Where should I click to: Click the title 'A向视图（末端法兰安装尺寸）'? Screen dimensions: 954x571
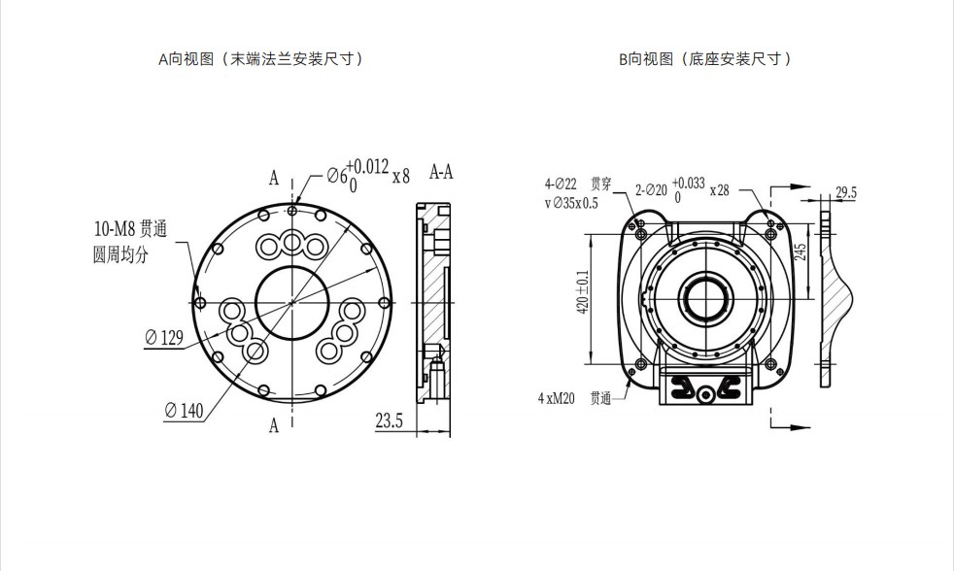(261, 59)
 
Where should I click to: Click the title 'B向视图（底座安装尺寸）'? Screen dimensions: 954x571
(706, 59)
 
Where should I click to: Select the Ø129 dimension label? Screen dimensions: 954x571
(164, 337)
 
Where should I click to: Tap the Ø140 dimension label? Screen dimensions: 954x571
(184, 411)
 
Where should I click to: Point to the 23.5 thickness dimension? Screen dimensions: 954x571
(390, 420)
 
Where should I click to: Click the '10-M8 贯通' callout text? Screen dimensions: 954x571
(130, 228)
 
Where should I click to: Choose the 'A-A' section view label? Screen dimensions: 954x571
(441, 172)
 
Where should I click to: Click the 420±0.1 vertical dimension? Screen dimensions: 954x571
(583, 292)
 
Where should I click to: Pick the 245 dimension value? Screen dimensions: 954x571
(801, 252)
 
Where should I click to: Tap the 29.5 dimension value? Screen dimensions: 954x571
(846, 193)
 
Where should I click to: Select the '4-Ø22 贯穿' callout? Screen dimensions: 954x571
(578, 184)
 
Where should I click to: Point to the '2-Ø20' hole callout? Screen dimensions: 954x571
(651, 190)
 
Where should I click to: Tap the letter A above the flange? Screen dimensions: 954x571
(274, 178)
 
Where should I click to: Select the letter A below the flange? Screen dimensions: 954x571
(274, 425)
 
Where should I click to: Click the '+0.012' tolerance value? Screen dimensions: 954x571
(367, 167)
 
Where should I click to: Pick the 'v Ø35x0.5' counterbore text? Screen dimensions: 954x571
(571, 203)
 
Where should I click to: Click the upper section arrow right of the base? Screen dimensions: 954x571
(791, 186)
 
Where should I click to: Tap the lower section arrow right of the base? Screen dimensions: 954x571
(791, 427)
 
